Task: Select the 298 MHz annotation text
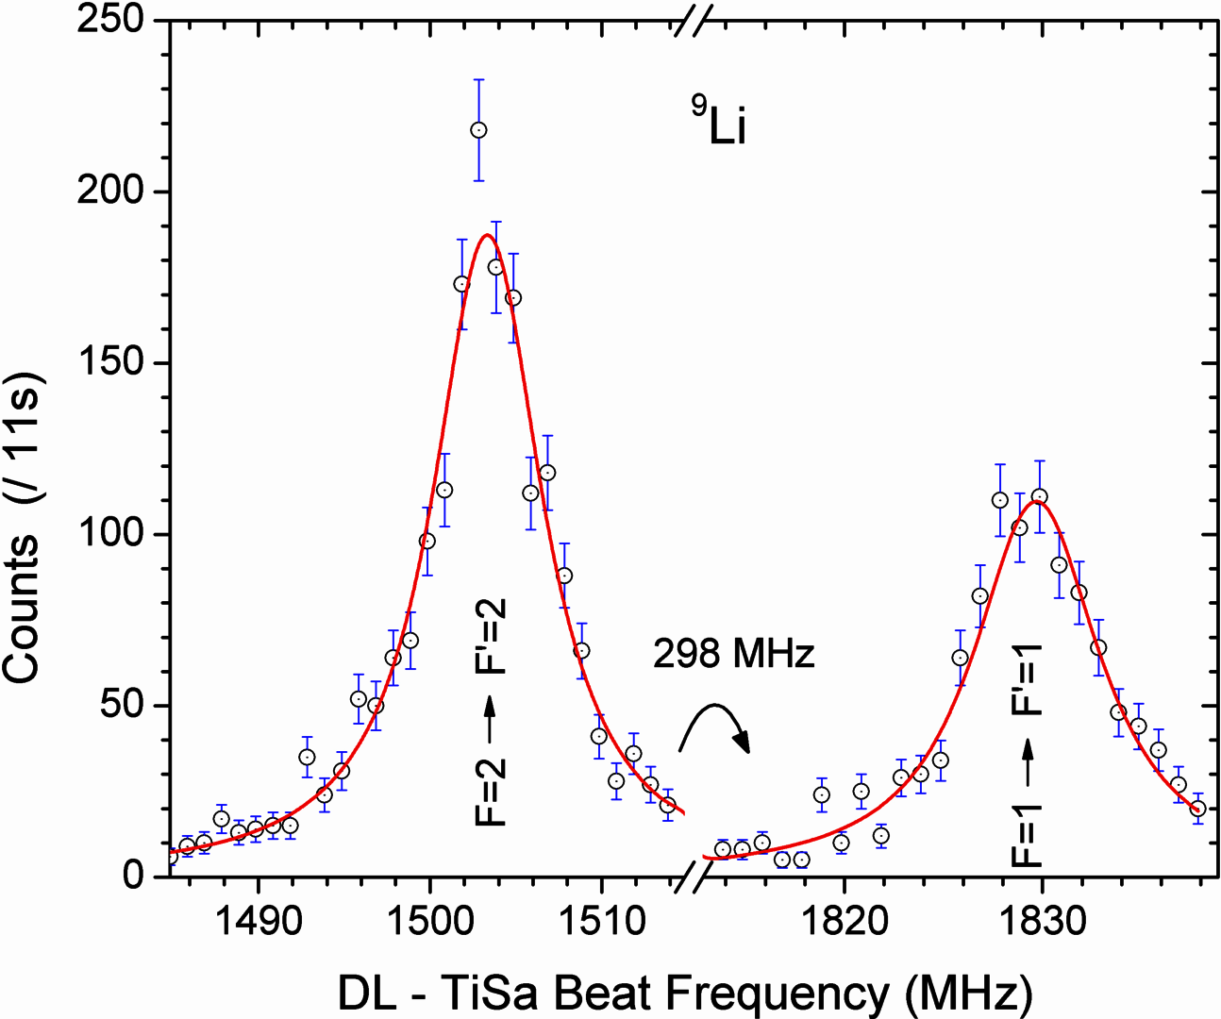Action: click(733, 653)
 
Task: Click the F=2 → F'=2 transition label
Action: click(491, 713)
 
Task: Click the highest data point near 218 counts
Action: click(478, 130)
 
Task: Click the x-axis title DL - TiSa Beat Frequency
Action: click(685, 993)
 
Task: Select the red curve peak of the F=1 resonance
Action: click(1036, 501)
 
